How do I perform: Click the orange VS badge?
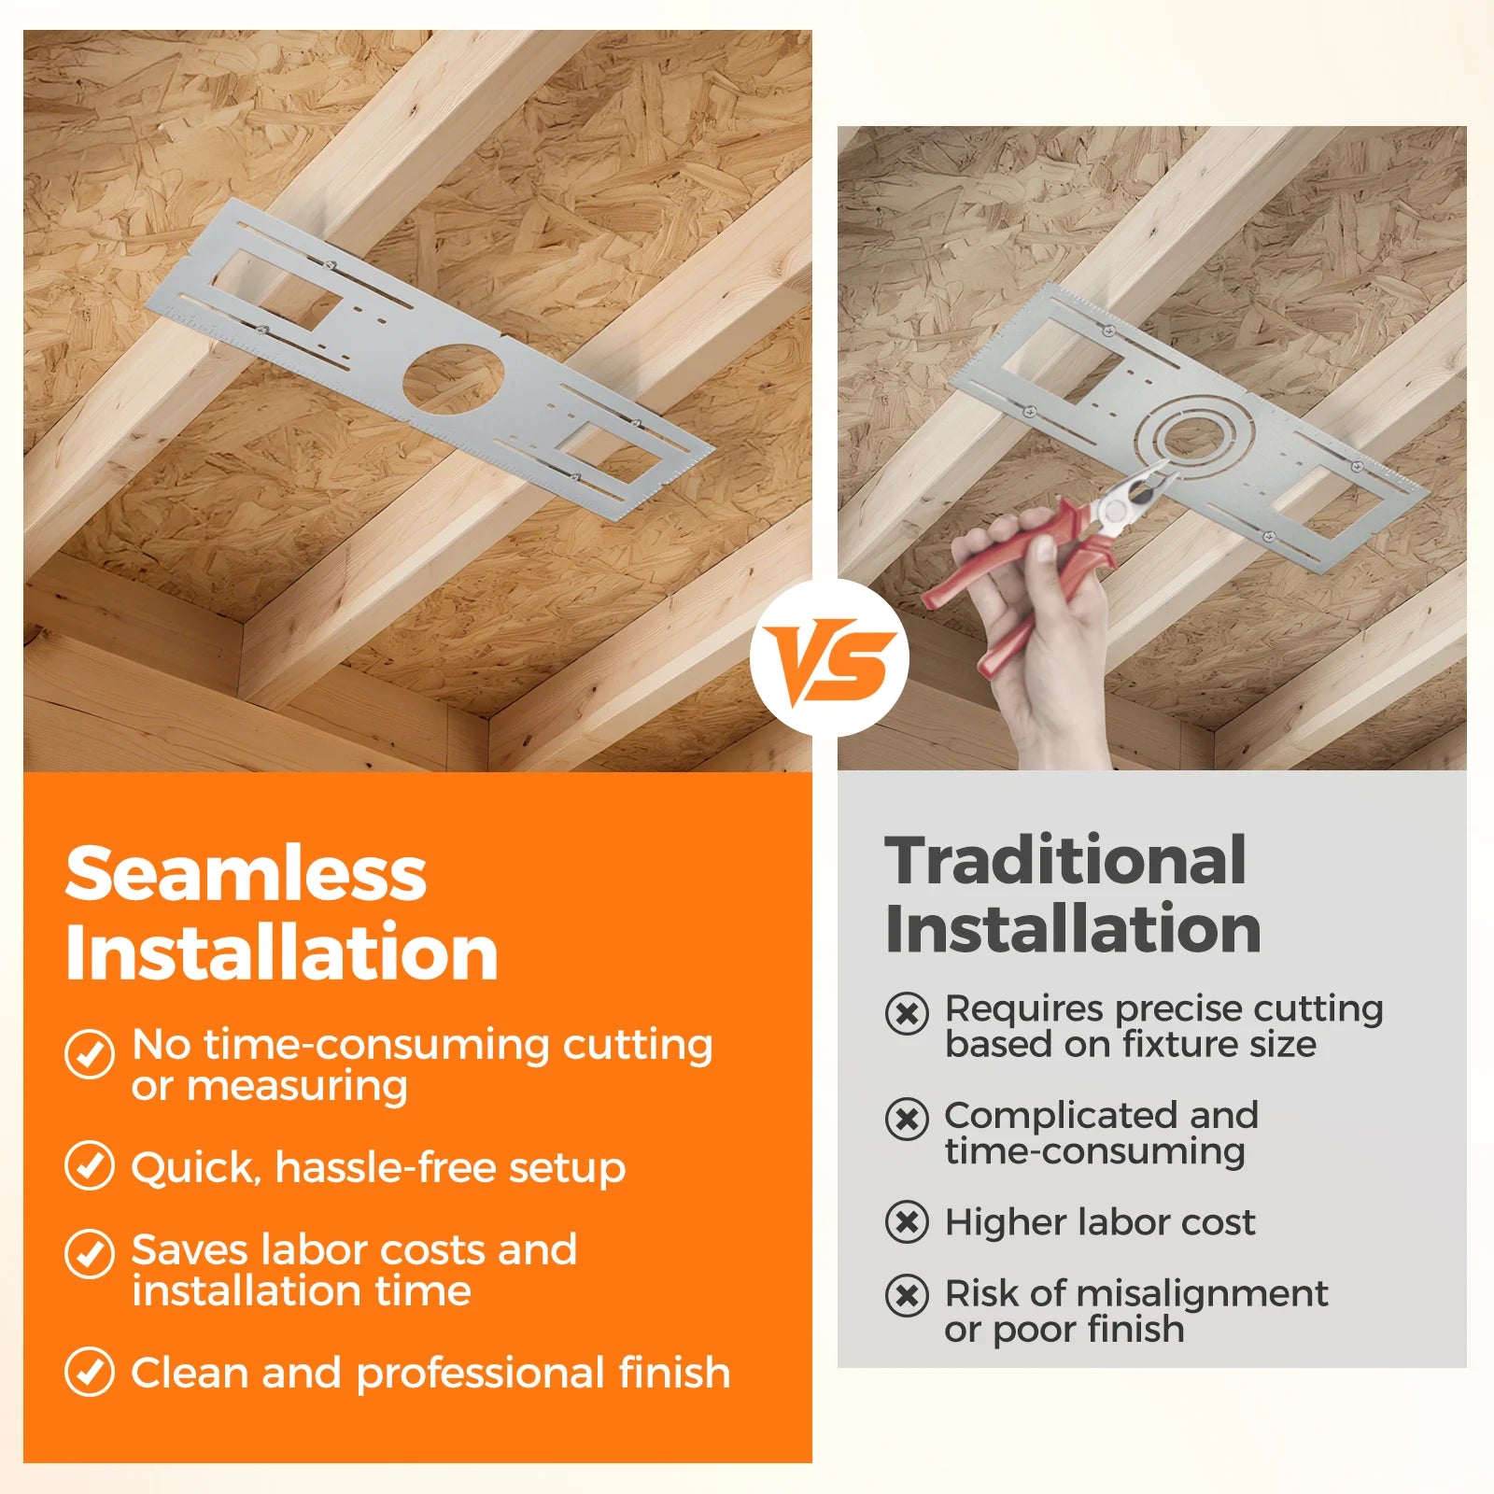(828, 658)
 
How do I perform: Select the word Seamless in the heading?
(246, 874)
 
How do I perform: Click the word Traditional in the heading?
(1065, 860)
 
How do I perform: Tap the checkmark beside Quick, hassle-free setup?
(90, 1165)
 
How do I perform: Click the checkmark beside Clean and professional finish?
(90, 1372)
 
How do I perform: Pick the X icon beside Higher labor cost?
(907, 1222)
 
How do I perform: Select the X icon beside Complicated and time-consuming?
(907, 1119)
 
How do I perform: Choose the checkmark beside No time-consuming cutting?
(90, 1054)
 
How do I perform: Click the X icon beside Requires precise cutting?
(907, 1013)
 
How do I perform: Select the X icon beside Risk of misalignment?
(907, 1295)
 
